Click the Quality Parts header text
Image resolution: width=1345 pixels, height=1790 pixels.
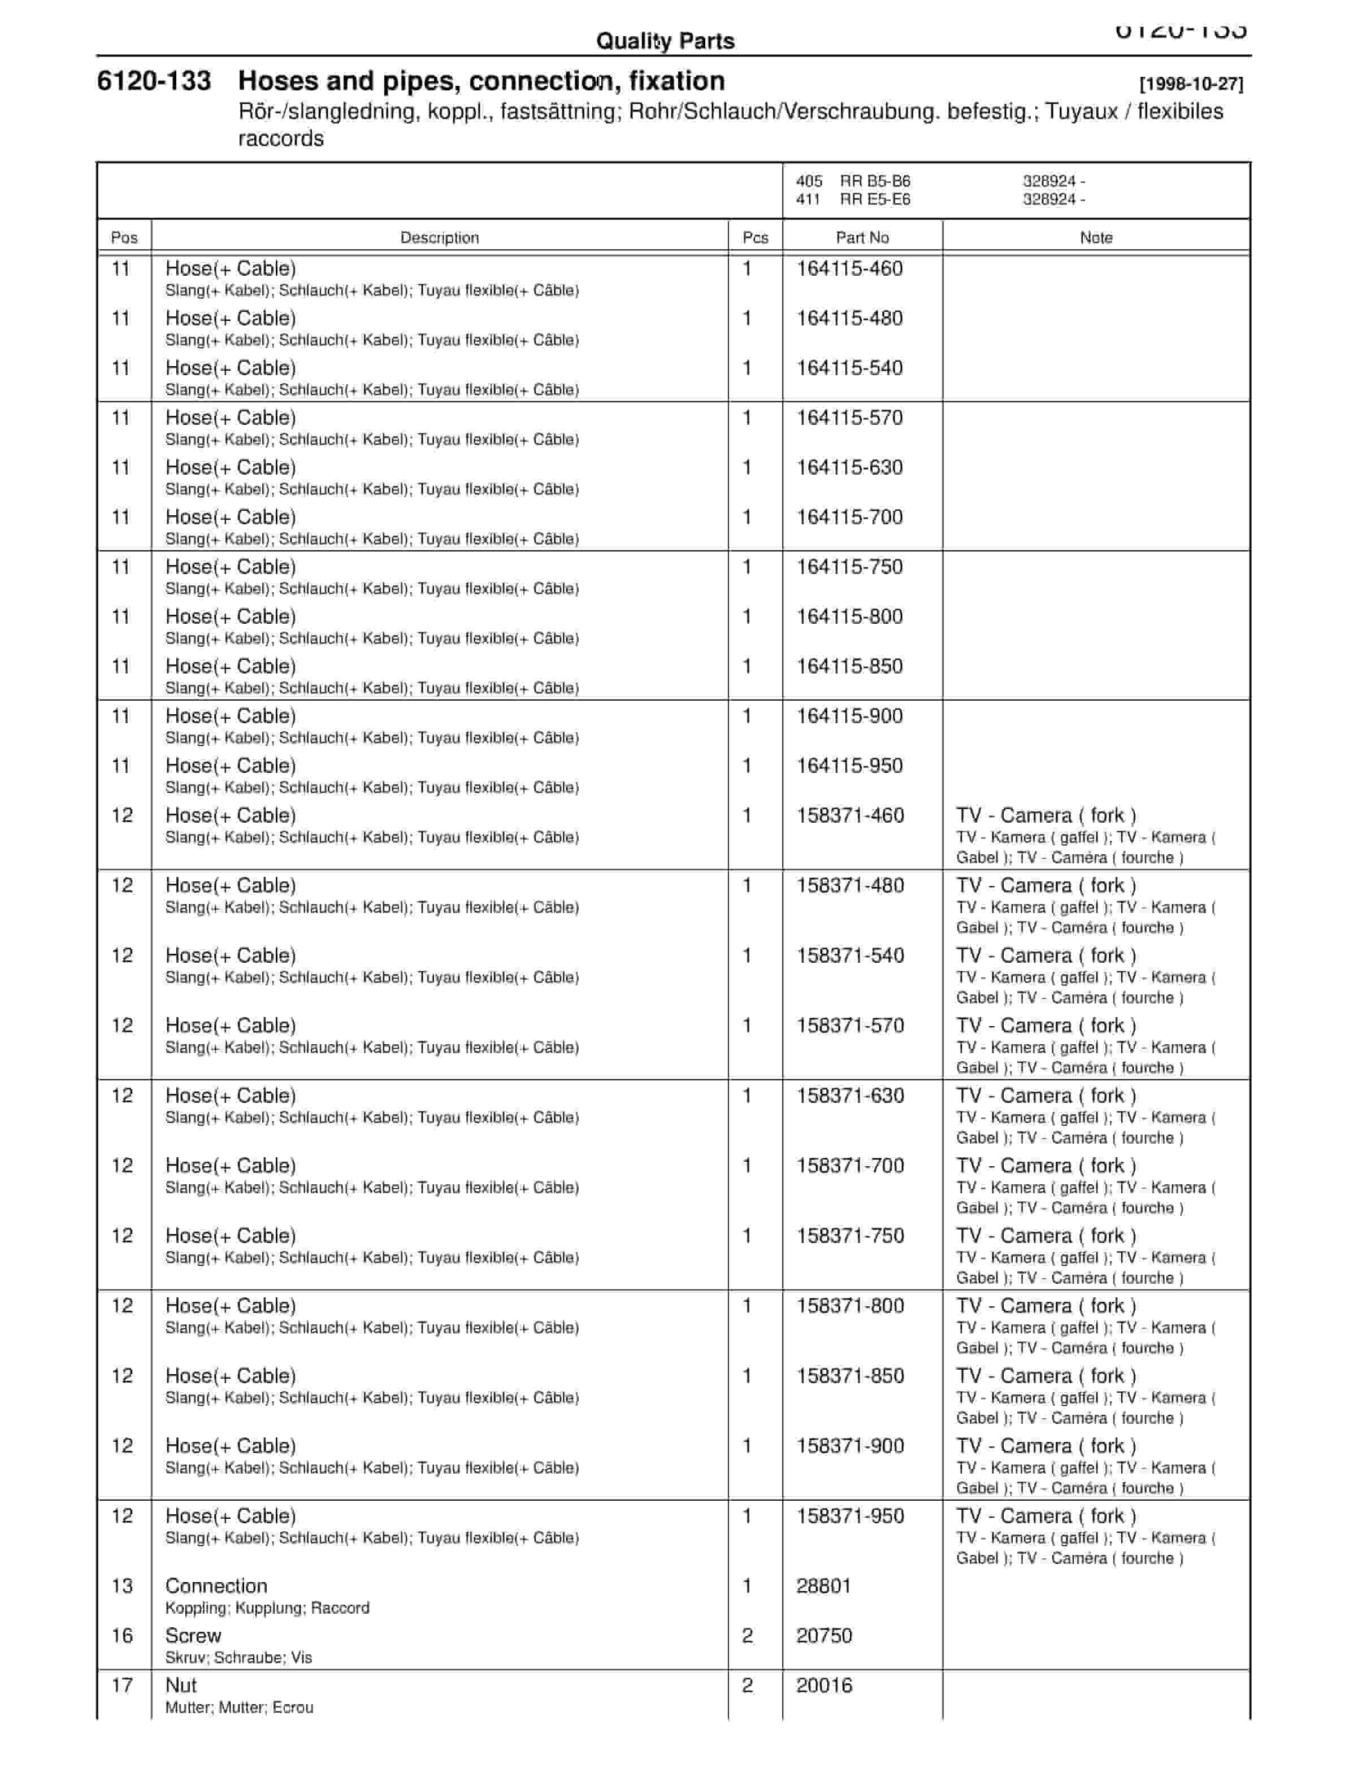pos(665,41)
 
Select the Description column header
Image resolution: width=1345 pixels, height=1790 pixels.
pos(440,238)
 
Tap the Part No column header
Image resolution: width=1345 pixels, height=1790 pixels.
pos(862,238)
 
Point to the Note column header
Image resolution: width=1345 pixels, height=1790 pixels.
pos(1096,238)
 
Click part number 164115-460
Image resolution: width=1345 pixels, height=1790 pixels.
pos(849,268)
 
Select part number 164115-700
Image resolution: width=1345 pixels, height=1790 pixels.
pos(849,517)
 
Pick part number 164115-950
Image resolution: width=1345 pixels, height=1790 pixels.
pos(849,766)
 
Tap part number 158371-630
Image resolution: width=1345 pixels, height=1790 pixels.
pos(850,1096)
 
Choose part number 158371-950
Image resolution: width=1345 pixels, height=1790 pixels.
pos(850,1515)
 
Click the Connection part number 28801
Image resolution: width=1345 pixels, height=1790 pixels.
pos(823,1586)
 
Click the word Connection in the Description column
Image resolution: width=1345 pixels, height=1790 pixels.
pos(216,1586)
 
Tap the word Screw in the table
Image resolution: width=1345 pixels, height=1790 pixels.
pos(193,1635)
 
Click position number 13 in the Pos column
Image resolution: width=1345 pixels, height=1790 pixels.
pos(122,1586)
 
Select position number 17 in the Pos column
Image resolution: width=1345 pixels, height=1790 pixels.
pos(122,1685)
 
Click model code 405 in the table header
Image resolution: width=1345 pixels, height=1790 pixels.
pos(809,181)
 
